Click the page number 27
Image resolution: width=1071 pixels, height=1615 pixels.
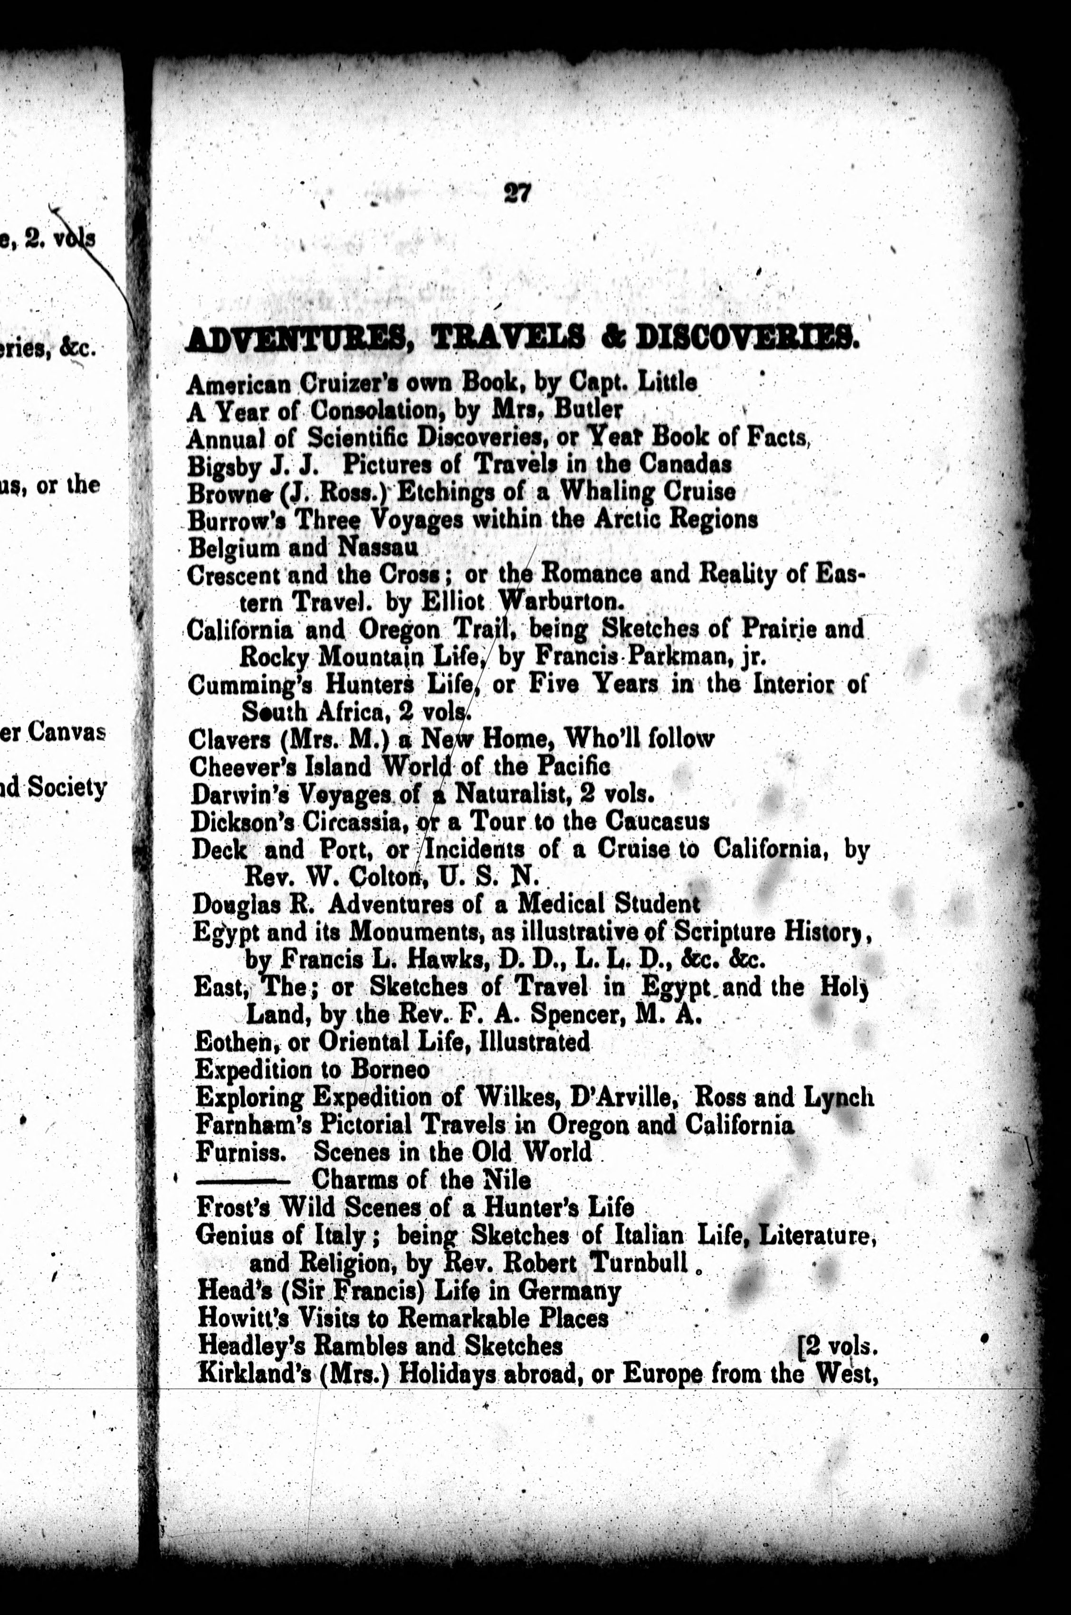click(x=517, y=194)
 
